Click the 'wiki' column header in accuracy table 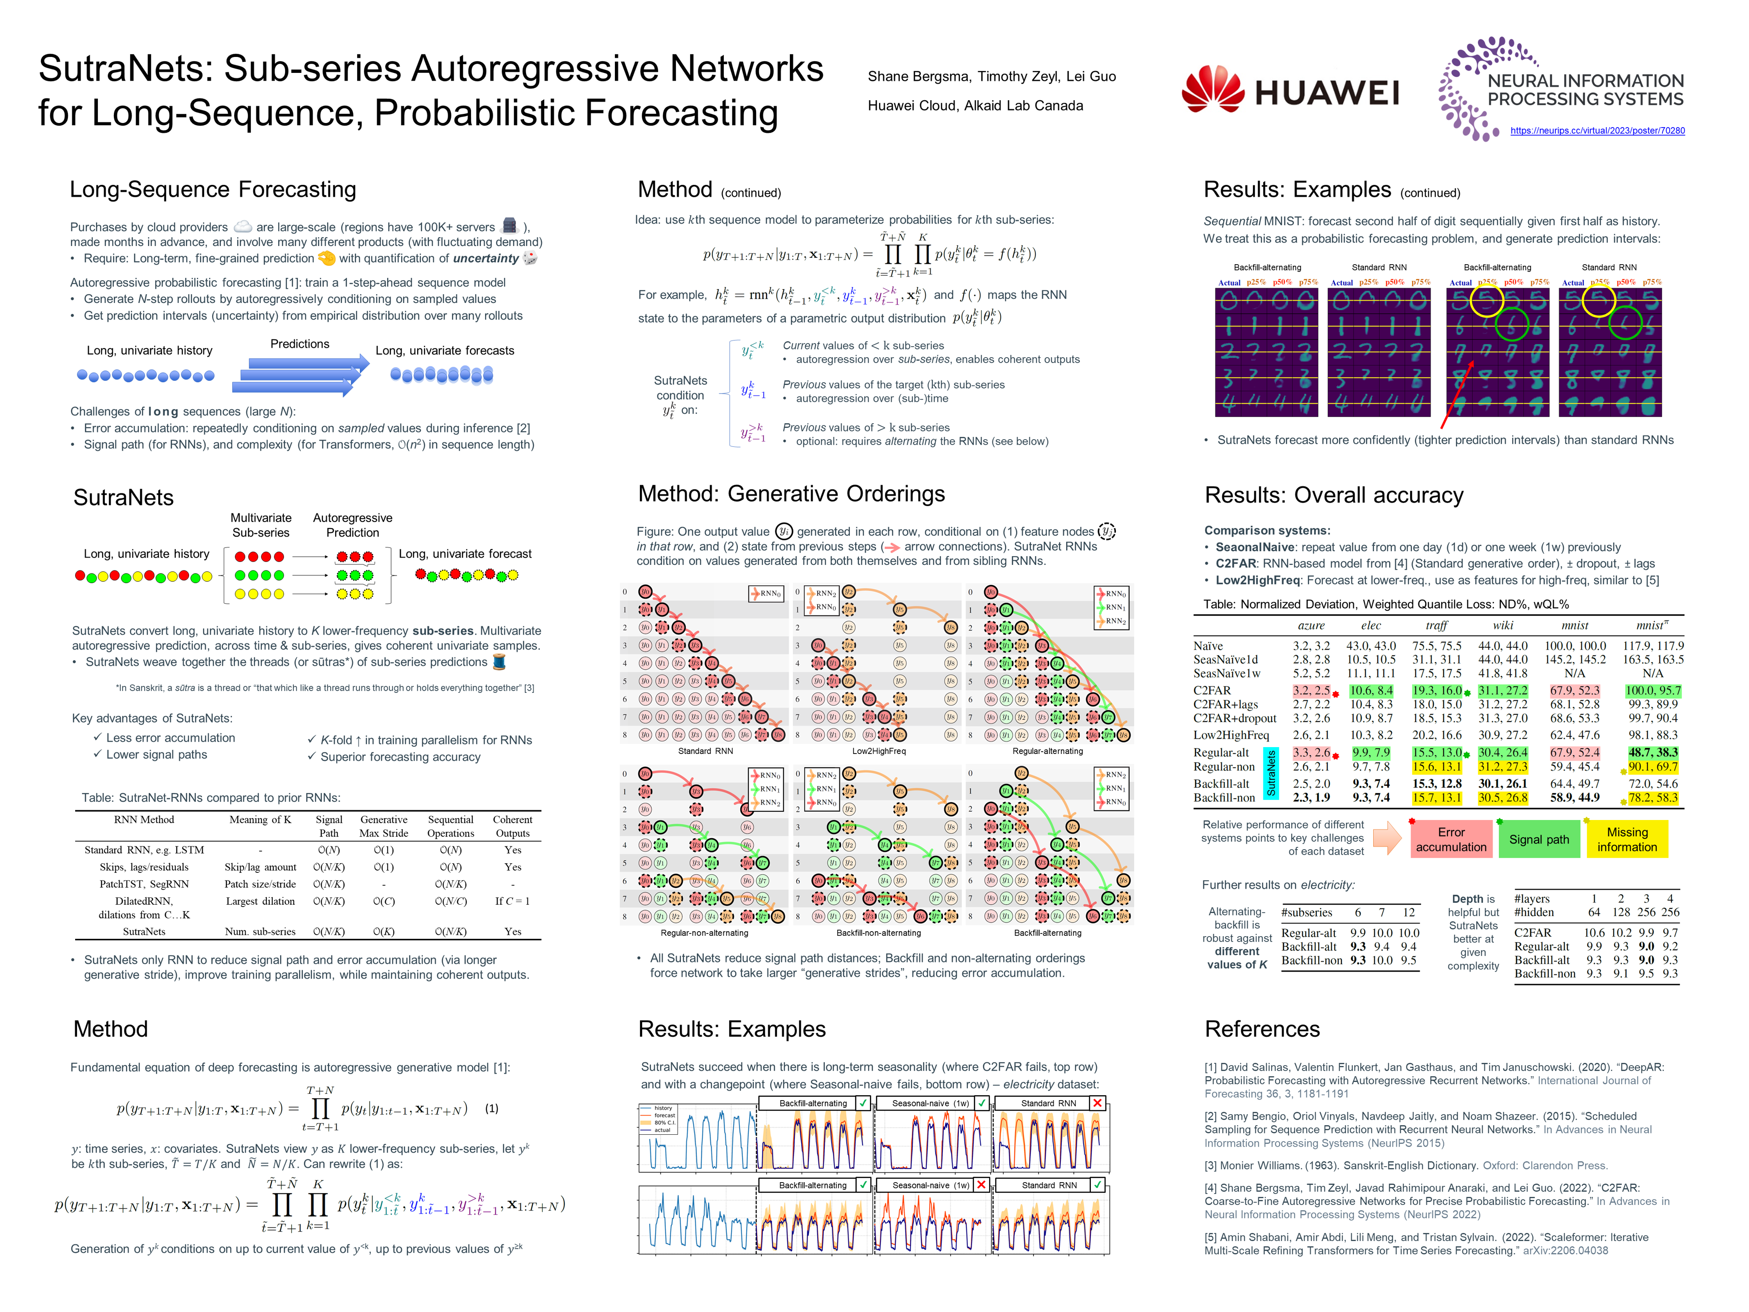tap(1502, 625)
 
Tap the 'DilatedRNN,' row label tap(144, 901)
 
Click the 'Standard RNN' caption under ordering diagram tap(705, 750)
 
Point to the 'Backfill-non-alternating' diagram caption tap(879, 933)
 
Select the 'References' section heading tap(1262, 1029)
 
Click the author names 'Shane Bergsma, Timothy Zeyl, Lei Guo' tap(992, 77)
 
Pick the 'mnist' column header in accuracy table tap(1574, 625)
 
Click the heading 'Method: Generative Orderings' tap(792, 493)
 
